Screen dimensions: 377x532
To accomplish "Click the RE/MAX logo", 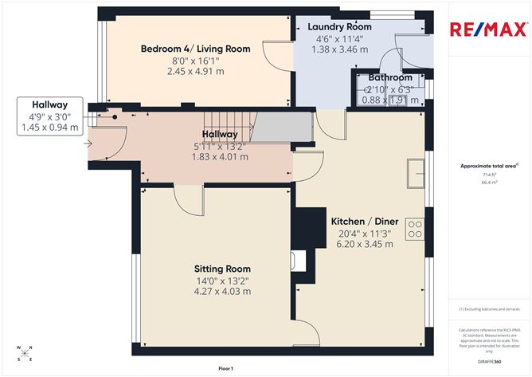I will [489, 30].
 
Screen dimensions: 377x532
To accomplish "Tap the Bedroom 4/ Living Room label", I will [195, 49].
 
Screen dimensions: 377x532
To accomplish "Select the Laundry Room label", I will [339, 27].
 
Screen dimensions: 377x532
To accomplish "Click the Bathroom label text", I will [390, 77].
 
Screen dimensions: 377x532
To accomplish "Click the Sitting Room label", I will [222, 269].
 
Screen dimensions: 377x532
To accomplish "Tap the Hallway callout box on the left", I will [49, 116].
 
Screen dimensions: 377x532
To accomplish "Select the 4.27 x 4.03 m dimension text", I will [222, 291].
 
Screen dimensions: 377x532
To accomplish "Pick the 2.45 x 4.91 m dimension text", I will [195, 71].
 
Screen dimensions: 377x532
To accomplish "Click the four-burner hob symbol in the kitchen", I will [415, 230].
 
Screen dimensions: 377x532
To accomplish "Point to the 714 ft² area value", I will [488, 174].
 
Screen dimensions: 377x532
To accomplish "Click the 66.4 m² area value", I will [488, 182].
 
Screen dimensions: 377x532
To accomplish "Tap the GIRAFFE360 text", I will [489, 360].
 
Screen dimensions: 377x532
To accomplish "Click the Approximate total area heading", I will [488, 165].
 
